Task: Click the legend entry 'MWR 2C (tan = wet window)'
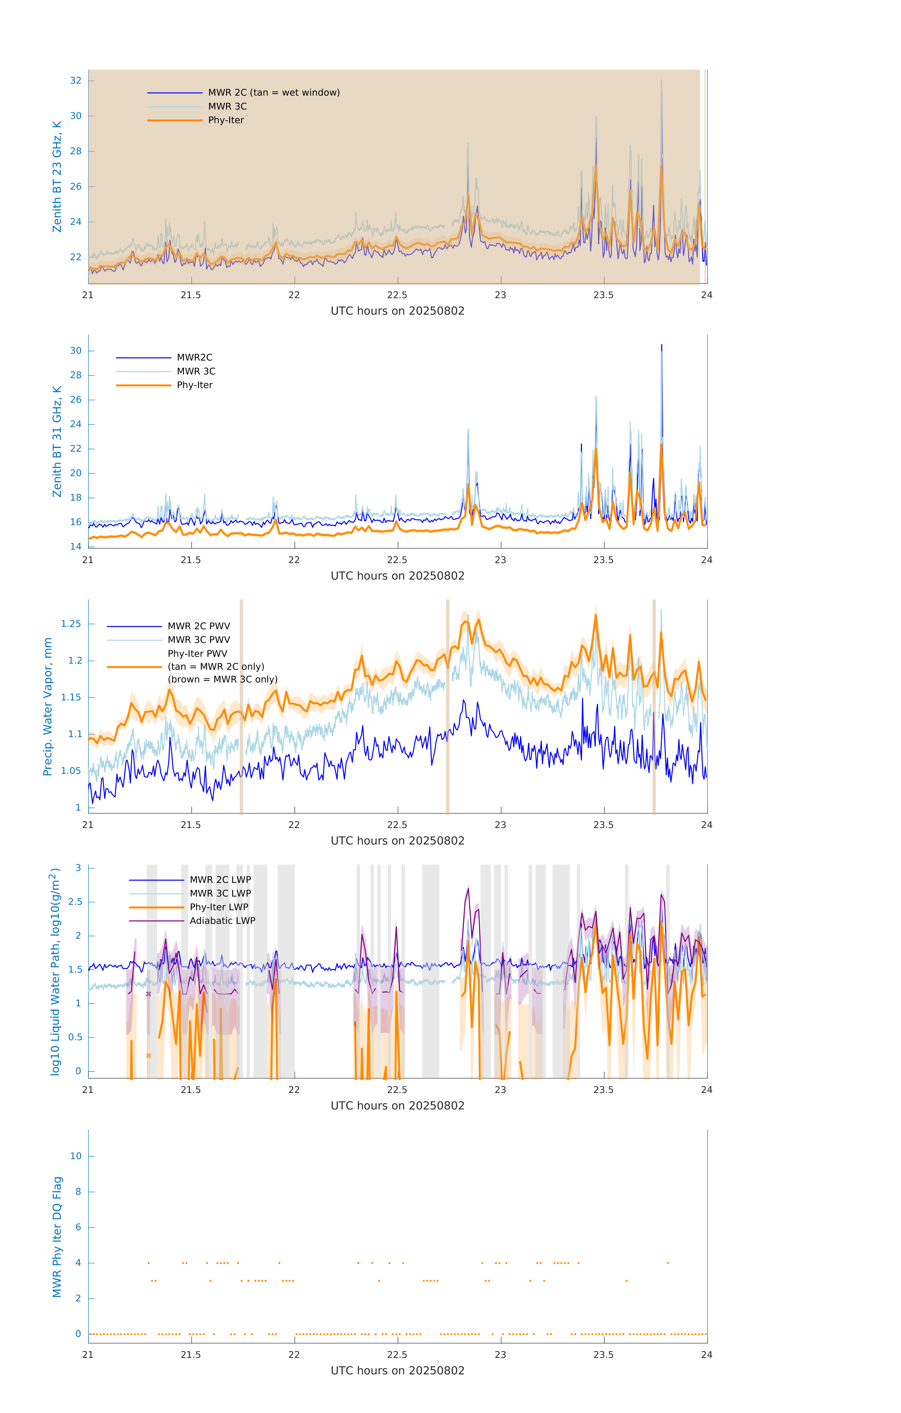(x=273, y=93)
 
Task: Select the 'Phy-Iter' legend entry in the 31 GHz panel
(x=194, y=385)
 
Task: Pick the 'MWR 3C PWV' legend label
(x=198, y=640)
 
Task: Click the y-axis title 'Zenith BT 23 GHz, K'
(x=57, y=177)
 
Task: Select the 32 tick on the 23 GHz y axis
(x=76, y=80)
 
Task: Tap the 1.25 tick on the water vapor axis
(x=71, y=624)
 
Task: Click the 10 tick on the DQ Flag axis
(x=76, y=1156)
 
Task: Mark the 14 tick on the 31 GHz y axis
(x=76, y=546)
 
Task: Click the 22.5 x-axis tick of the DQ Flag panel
(x=397, y=1354)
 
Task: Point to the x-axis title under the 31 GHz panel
(x=397, y=576)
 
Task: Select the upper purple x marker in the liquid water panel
(x=148, y=994)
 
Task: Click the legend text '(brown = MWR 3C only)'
(x=222, y=679)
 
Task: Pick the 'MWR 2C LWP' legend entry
(x=220, y=880)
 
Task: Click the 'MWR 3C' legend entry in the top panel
(x=227, y=106)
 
